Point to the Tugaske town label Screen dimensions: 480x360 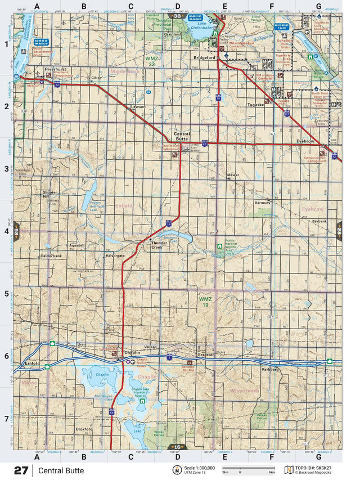(x=256, y=105)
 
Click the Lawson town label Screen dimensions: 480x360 (x=138, y=106)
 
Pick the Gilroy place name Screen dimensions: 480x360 (x=96, y=77)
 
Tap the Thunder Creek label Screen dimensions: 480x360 (x=160, y=245)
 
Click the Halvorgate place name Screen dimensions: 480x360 (x=115, y=255)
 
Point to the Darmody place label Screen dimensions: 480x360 (x=263, y=202)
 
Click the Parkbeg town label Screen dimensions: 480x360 (x=271, y=369)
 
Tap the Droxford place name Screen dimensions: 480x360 (x=83, y=429)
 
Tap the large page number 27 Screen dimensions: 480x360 (x=21, y=470)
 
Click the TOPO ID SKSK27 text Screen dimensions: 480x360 (x=317, y=468)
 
